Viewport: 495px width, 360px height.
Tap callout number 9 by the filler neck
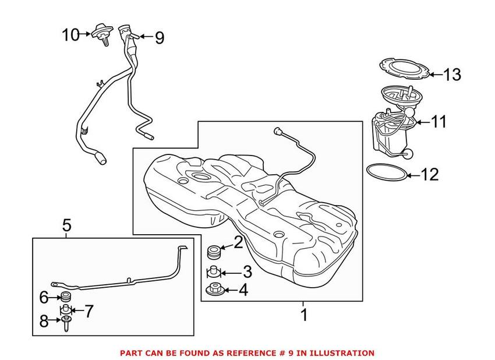pyautogui.click(x=159, y=38)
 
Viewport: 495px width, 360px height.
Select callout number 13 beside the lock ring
pyautogui.click(x=452, y=75)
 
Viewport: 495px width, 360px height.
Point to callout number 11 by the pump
pyautogui.click(x=439, y=122)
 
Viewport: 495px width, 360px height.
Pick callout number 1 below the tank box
pyautogui.click(x=303, y=316)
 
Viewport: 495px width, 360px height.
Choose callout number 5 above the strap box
pyautogui.click(x=66, y=224)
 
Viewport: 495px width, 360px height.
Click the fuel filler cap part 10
pyautogui.click(x=101, y=33)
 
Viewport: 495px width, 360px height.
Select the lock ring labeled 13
pyautogui.click(x=404, y=69)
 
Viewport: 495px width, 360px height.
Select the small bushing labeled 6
pyautogui.click(x=66, y=298)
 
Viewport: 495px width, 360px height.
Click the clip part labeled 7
pyautogui.click(x=66, y=310)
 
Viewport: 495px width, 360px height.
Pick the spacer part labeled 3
pyautogui.click(x=214, y=271)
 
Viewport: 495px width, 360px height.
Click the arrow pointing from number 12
pyautogui.click(x=412, y=174)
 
